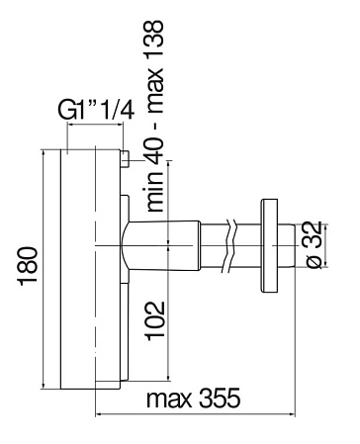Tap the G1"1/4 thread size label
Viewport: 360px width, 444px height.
96,110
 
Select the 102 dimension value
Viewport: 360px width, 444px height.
155,320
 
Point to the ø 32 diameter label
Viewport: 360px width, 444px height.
314,244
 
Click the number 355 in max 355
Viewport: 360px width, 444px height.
220,398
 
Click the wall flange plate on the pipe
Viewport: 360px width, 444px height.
269,245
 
